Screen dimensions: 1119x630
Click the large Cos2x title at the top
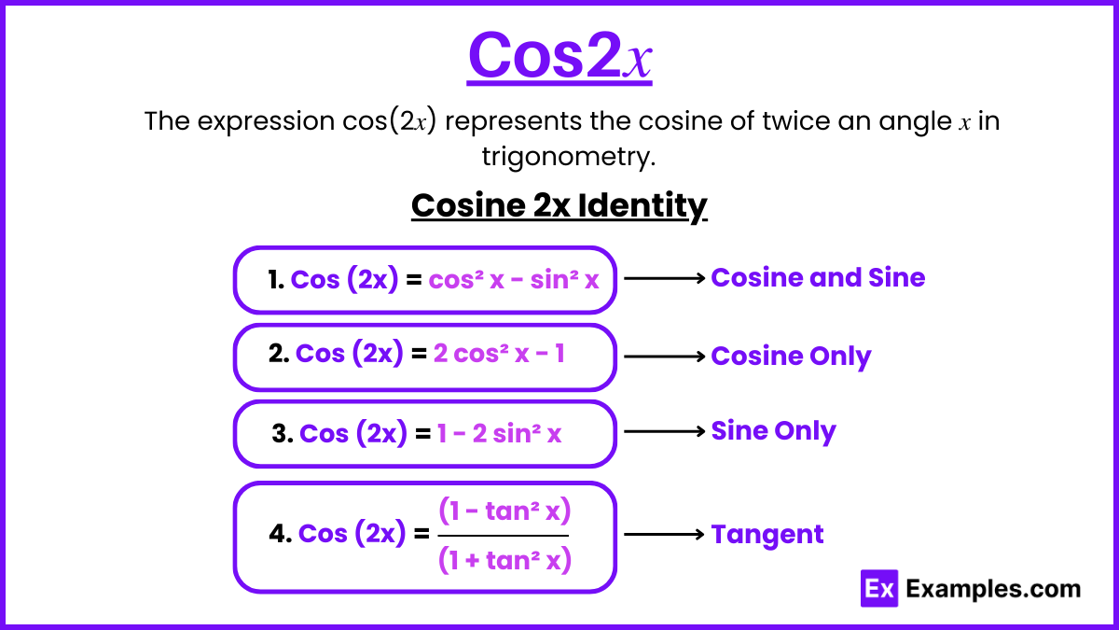coord(559,55)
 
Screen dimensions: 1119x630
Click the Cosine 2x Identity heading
coord(559,205)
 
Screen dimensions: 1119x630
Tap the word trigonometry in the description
coord(568,157)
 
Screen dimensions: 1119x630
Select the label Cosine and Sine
coord(818,277)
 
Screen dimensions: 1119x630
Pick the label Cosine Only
coord(791,357)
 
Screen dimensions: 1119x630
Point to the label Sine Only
coord(773,431)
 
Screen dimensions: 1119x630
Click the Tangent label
coord(767,535)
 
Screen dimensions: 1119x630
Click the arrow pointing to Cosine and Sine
coord(664,278)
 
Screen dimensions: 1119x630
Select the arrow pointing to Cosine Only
coord(664,357)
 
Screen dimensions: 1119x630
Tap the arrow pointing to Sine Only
coord(664,431)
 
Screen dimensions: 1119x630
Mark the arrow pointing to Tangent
coord(664,535)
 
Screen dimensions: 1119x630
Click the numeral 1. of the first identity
coord(276,279)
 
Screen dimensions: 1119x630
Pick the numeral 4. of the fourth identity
coord(281,534)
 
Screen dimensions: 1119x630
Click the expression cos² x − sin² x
coord(514,280)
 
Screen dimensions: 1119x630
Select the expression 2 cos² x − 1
coord(499,354)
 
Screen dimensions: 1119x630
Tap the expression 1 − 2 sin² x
coord(499,433)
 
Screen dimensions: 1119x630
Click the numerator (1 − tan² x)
coord(504,511)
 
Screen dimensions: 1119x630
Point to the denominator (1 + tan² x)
coord(504,560)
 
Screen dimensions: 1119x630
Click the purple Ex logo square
coord(879,589)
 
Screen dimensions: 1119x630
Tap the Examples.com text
coord(993,589)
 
